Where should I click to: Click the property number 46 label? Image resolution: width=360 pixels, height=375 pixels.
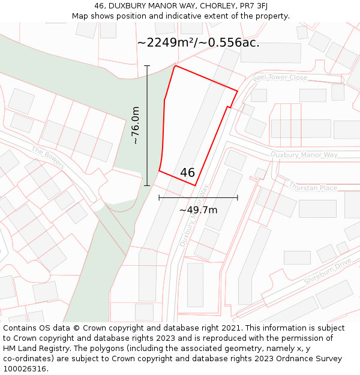tap(187, 173)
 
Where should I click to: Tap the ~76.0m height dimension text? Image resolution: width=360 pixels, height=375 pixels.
tap(136, 125)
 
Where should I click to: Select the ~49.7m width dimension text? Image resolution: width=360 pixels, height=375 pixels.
tap(198, 210)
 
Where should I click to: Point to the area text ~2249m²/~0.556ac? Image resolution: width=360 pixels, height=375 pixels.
tap(198, 43)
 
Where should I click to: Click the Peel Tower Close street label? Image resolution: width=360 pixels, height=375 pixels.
tap(280, 78)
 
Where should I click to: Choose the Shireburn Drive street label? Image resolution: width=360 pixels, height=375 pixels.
tap(327, 272)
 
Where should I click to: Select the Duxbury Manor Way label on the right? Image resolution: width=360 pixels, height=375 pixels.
tap(304, 155)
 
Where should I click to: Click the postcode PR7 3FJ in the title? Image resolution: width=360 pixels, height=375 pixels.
tap(254, 6)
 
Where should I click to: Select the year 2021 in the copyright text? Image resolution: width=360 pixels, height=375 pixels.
tap(232, 328)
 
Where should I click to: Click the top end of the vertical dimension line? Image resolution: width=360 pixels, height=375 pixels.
tap(147, 65)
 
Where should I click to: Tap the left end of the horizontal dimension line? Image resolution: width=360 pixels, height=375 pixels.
tap(159, 197)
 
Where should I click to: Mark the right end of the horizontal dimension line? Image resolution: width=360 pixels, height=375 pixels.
tap(238, 197)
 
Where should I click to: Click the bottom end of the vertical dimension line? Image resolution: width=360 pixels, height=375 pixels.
tap(147, 186)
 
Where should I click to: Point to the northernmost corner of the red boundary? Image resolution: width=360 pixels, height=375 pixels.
tap(175, 66)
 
